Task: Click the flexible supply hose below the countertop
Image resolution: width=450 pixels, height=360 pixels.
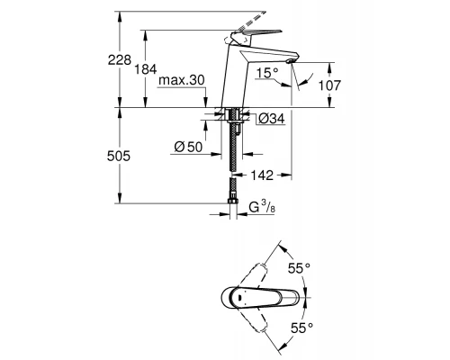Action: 236,157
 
